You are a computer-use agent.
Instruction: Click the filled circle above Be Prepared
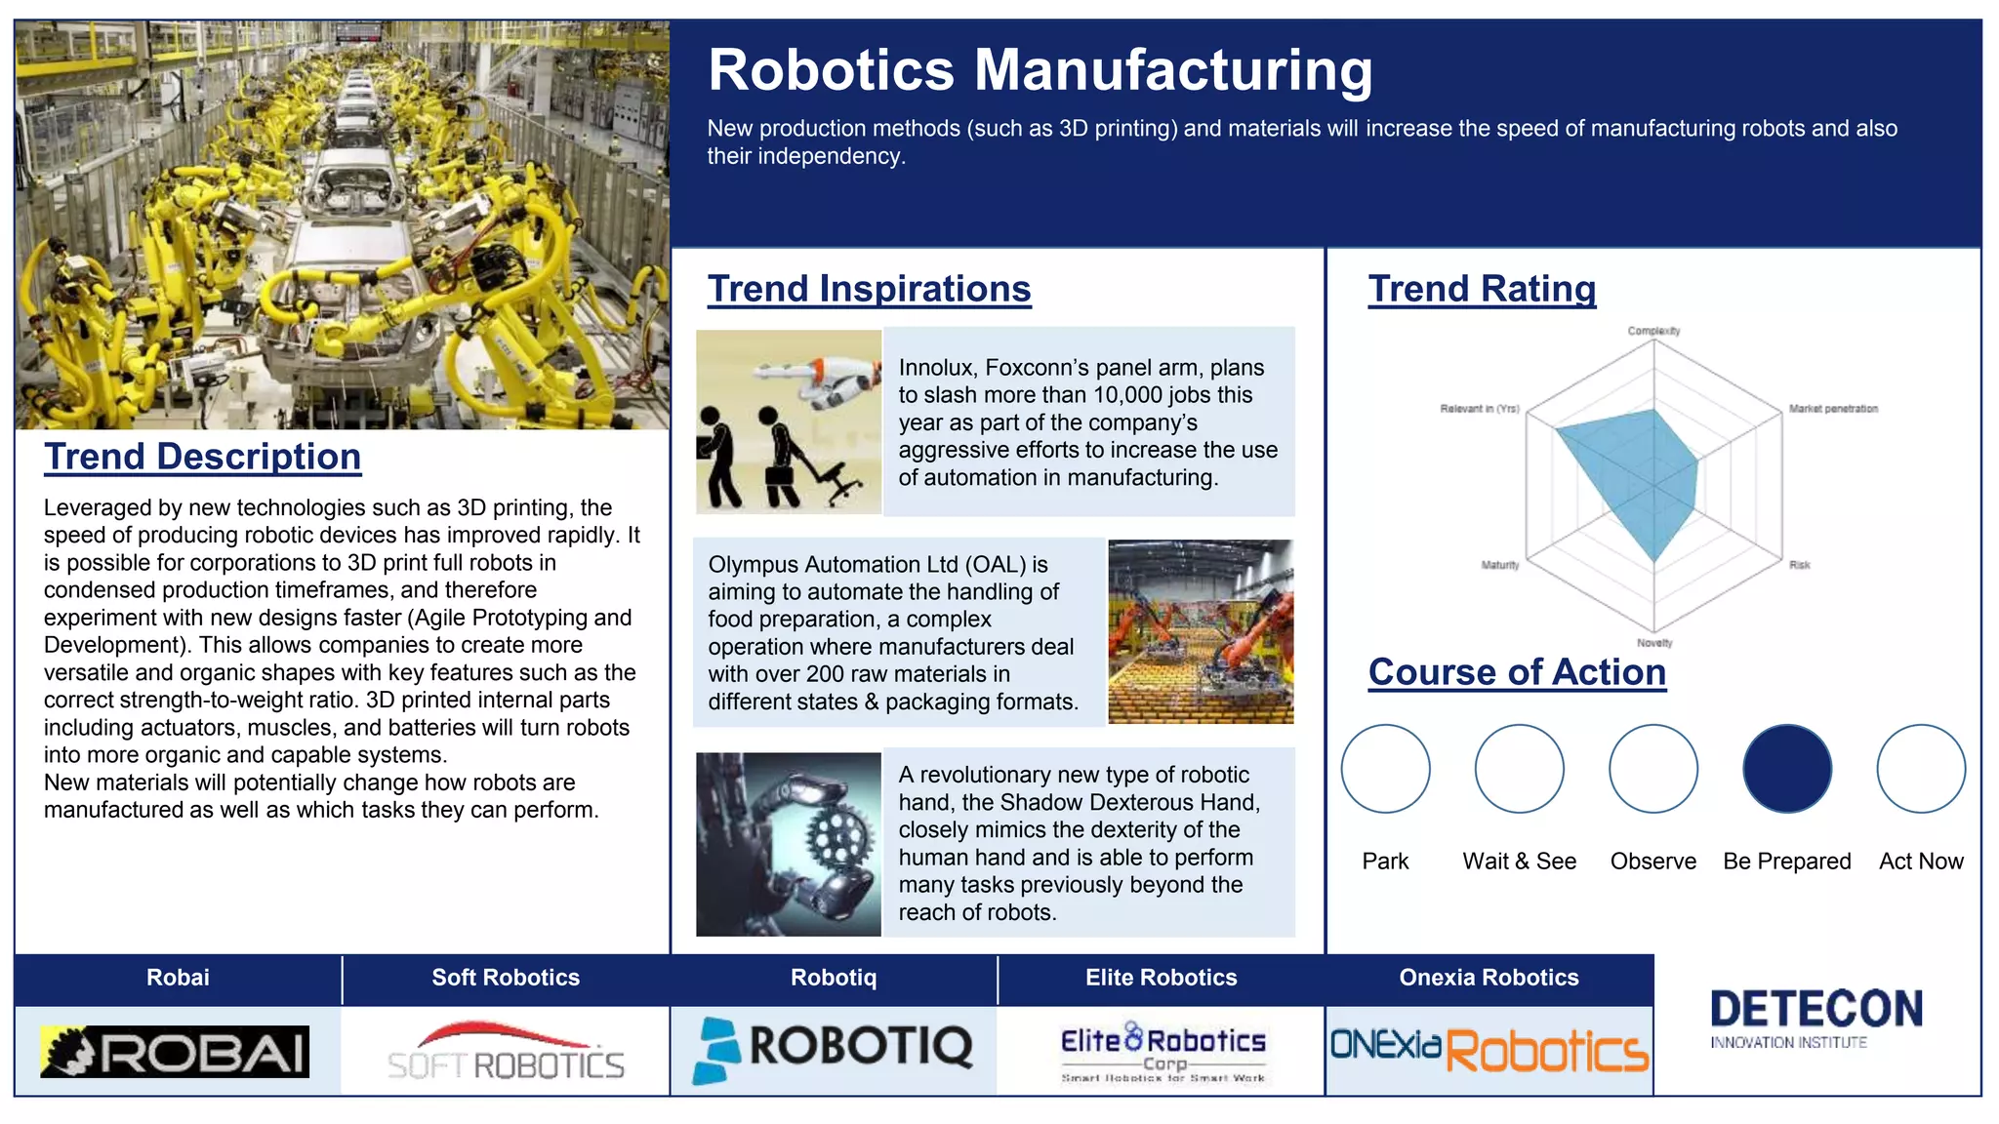click(1786, 769)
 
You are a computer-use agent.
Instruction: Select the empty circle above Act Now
click(1920, 769)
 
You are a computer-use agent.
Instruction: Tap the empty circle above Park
click(1385, 769)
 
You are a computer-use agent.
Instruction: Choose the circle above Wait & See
click(1519, 769)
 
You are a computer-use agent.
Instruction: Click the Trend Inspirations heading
click(869, 289)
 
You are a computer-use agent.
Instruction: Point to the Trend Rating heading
click(1482, 289)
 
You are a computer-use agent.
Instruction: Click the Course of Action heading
click(1517, 672)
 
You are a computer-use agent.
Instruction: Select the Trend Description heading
click(202, 457)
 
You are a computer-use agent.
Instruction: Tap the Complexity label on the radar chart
click(1653, 331)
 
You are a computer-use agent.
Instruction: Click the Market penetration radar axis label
click(1833, 409)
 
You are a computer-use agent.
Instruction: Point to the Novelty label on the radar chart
click(1654, 643)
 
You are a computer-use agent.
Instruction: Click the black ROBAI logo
click(175, 1052)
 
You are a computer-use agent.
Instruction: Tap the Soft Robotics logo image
click(506, 1052)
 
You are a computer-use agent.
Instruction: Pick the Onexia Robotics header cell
click(1489, 978)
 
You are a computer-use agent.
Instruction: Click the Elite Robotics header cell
click(1161, 978)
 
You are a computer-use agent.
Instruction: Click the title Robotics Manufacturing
click(1040, 70)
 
